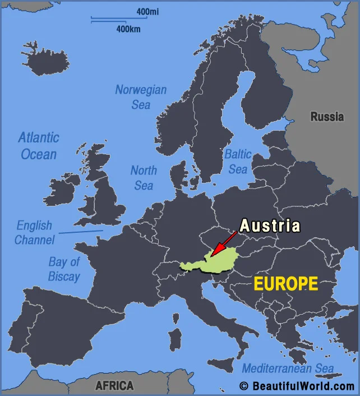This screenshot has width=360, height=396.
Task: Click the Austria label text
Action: coord(270,226)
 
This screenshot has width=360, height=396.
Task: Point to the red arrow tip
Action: coord(212,255)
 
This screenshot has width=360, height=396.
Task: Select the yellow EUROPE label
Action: coord(285,284)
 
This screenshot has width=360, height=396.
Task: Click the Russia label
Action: coord(327,117)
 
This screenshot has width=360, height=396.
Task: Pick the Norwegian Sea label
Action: coord(141,97)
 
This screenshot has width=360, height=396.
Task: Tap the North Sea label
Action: coord(144,177)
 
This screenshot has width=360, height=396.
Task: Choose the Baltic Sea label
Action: coord(237,161)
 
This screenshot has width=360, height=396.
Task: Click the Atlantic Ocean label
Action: coord(39,145)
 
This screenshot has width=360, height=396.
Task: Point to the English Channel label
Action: coord(34,232)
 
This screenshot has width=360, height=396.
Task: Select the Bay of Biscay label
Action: coord(64,269)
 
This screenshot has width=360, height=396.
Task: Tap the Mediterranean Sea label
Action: coord(288,369)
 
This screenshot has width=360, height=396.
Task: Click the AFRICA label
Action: coord(114,386)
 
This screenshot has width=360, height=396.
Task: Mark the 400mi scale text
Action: coord(146,12)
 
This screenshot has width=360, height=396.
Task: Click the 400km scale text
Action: coord(128,29)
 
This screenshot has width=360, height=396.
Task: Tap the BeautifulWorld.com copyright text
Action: coord(297,386)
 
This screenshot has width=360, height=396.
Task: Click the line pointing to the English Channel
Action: coord(81,231)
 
